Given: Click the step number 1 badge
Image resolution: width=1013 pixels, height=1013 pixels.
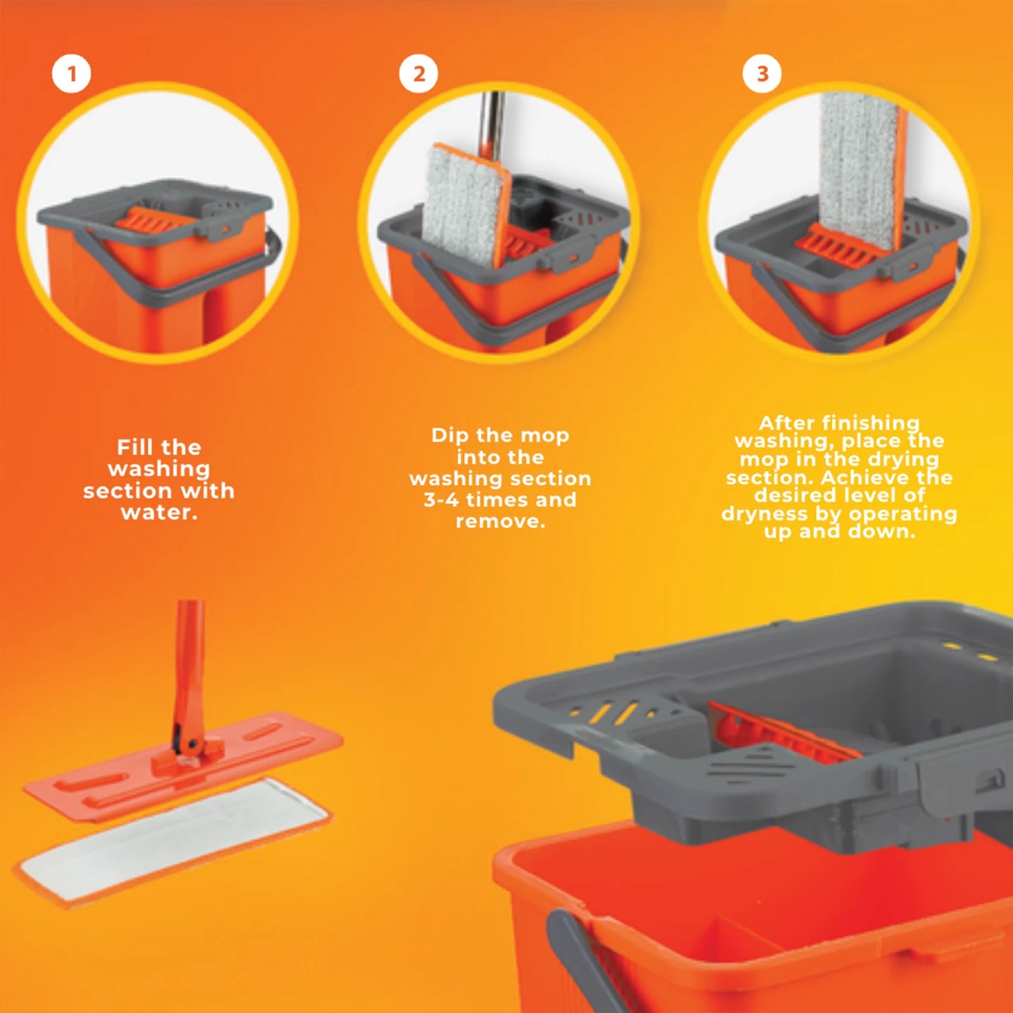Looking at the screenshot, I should point(71,74).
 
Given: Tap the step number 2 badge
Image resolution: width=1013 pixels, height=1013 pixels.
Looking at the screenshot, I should point(419,74).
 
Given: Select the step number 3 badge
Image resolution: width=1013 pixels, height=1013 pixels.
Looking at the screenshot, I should point(762,74).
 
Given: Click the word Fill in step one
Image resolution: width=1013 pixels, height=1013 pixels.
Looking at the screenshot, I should point(136,447).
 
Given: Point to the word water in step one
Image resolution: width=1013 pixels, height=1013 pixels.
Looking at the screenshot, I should point(159,512).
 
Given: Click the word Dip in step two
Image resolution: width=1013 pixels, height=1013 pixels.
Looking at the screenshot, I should point(450,435).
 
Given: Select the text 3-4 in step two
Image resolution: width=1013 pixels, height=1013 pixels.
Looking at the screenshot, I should point(441,500).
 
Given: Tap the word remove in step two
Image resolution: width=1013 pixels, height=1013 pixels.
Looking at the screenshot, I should point(499,521).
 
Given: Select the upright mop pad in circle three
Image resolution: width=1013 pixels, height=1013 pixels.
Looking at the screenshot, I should point(860,169).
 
